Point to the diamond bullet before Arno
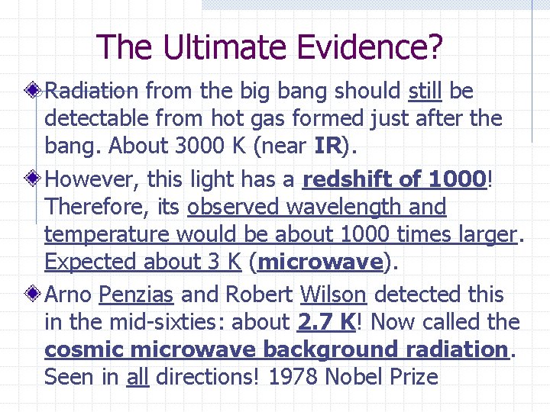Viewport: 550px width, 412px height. tap(31, 295)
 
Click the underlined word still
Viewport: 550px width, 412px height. tap(425, 92)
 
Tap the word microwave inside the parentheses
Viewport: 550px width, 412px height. tap(320, 262)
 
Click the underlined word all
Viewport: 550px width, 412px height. tap(137, 377)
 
